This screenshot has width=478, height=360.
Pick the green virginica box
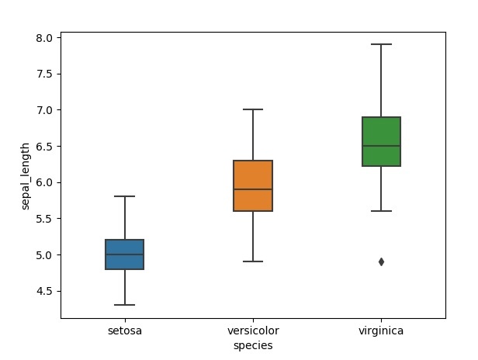click(381, 132)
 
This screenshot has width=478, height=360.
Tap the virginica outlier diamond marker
click(381, 261)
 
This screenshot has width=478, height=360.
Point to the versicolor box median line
click(253, 189)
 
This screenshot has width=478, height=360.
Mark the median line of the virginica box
click(381, 146)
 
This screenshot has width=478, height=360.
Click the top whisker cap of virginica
click(381, 44)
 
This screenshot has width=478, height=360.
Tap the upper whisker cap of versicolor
click(253, 109)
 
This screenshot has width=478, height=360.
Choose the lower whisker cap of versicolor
click(253, 261)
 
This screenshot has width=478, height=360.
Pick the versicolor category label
click(253, 331)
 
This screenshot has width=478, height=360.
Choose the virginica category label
click(381, 331)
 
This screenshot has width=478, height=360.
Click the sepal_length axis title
click(26, 175)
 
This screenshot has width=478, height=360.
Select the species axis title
click(253, 345)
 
